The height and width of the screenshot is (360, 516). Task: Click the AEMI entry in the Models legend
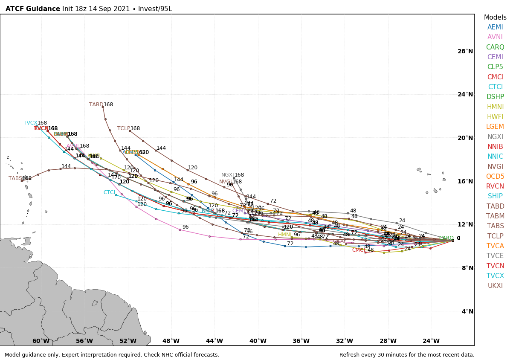pyautogui.click(x=495, y=27)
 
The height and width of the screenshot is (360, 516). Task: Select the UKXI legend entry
pyautogui.click(x=495, y=286)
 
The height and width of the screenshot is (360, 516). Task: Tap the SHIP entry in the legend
pyautogui.click(x=495, y=196)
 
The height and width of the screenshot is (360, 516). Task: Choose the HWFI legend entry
pyautogui.click(x=495, y=117)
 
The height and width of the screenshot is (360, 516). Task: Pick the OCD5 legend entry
pyautogui.click(x=495, y=177)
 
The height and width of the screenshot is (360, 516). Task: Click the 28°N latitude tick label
pyautogui.click(x=465, y=51)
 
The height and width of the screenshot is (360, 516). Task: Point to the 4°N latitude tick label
pyautogui.click(x=467, y=311)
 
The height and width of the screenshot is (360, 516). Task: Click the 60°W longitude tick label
pyautogui.click(x=41, y=341)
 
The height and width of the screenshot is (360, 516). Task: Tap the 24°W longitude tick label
pyautogui.click(x=431, y=341)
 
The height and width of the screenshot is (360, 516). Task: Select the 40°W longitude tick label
pyautogui.click(x=258, y=341)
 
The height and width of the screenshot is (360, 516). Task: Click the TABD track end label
pyautogui.click(x=96, y=105)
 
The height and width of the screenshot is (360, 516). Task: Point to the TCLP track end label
pyautogui.click(x=124, y=128)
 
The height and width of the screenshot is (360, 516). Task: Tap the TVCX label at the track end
pyautogui.click(x=30, y=123)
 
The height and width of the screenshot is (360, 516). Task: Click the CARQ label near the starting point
pyautogui.click(x=446, y=238)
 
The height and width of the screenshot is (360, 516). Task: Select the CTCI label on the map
pyautogui.click(x=109, y=192)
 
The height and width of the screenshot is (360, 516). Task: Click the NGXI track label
pyautogui.click(x=227, y=175)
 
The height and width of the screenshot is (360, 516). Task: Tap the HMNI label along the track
pyautogui.click(x=285, y=235)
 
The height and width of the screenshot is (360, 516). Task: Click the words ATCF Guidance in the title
pyautogui.click(x=33, y=9)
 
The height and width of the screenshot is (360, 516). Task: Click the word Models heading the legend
pyautogui.click(x=495, y=17)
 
